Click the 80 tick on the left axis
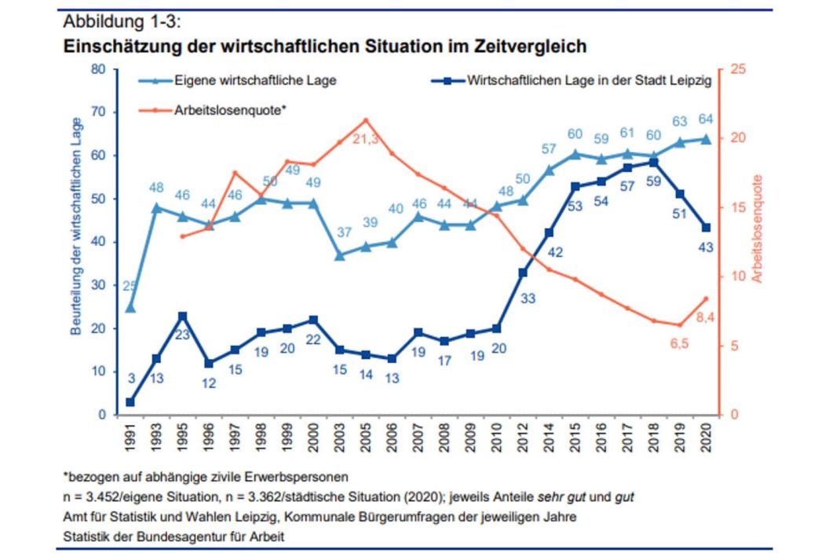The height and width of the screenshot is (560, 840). pyautogui.click(x=99, y=69)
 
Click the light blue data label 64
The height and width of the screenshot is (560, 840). pyautogui.click(x=705, y=119)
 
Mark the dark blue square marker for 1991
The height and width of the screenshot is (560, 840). pyautogui.click(x=130, y=402)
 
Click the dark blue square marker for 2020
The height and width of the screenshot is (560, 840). pyautogui.click(x=705, y=228)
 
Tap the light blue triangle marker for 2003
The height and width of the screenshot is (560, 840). pyautogui.click(x=340, y=255)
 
